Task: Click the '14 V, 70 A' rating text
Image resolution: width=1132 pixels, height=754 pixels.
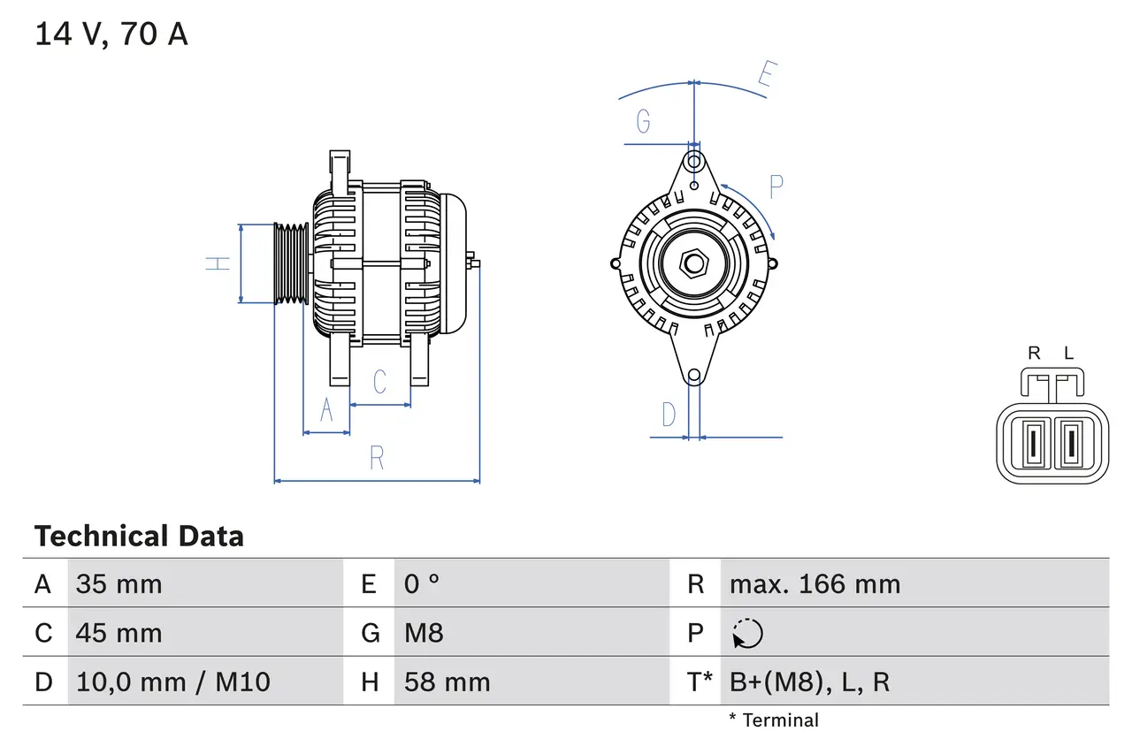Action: coord(111,34)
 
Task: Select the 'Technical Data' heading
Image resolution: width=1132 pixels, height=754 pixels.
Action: coord(139,536)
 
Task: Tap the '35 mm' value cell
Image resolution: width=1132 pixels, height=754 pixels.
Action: coord(119,583)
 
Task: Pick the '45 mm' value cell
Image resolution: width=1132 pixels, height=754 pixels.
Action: coord(119,633)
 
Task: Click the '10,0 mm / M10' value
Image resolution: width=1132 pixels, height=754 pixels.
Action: coord(173,682)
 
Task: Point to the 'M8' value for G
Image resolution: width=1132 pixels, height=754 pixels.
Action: coord(424,633)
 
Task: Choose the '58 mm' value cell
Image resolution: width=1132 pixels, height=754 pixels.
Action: coord(447,682)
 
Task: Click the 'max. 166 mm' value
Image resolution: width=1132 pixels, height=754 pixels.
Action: coord(815,583)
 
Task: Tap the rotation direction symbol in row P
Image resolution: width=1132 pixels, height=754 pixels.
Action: coord(747,633)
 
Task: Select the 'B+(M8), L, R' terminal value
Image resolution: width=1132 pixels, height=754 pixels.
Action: coord(809,682)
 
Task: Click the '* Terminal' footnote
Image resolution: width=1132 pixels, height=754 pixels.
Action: coord(774,720)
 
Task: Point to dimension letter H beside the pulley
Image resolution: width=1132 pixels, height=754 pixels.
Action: coord(218,263)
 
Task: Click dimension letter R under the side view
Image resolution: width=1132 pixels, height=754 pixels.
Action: coord(377,458)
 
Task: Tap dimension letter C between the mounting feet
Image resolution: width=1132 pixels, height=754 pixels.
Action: coord(379,382)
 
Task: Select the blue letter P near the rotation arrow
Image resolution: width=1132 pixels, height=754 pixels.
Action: coord(776,187)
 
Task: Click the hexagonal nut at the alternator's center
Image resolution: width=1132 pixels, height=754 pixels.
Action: coord(694,263)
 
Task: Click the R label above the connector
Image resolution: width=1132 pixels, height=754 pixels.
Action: coord(1034,354)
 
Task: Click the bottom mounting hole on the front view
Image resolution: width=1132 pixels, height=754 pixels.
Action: coord(694,376)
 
